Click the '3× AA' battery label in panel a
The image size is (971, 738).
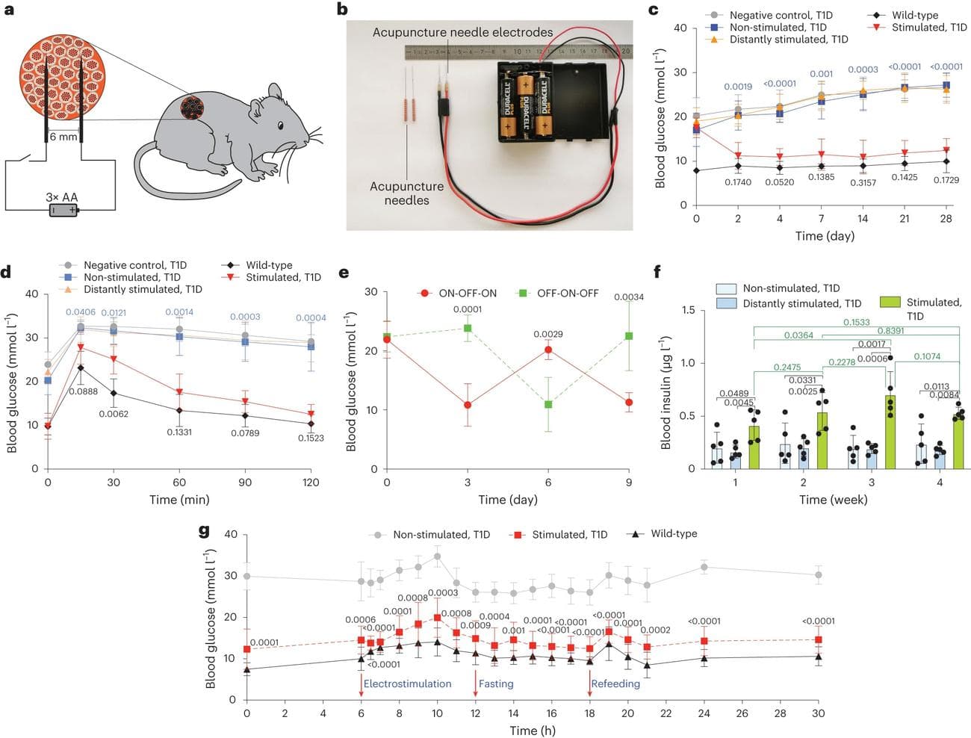click(62, 197)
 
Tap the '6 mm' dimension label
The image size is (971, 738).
click(63, 137)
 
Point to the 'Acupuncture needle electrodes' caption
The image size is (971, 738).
click(462, 33)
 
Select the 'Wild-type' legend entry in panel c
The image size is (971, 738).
click(914, 15)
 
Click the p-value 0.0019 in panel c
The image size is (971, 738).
click(738, 87)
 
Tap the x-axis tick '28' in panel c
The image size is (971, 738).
click(946, 218)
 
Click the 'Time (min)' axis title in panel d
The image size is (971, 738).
click(179, 499)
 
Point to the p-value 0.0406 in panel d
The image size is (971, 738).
click(81, 312)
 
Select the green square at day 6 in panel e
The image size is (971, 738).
click(548, 405)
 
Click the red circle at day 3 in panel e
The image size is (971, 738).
click(468, 405)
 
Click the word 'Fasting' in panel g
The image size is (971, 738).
click(496, 683)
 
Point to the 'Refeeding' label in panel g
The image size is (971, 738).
click(615, 683)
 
